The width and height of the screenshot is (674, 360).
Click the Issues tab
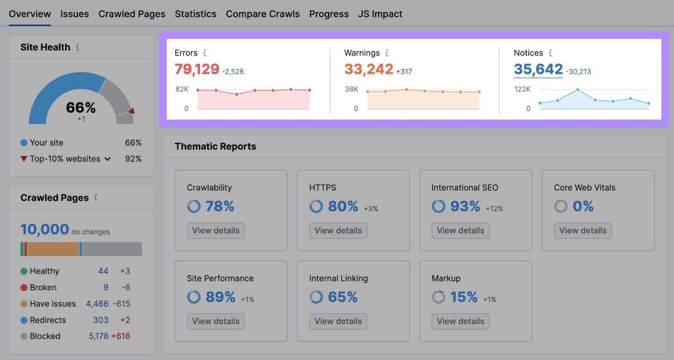75,14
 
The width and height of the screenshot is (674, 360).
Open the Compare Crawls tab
262,14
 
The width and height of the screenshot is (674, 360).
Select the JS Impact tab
380,14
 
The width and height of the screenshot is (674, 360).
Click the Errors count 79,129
197,69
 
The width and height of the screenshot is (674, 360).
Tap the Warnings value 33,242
369,69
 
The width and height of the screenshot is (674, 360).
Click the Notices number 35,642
538,69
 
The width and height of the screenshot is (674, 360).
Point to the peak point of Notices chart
578,90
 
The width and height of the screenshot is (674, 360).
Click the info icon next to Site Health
78,47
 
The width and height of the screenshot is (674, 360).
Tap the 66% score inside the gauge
81,107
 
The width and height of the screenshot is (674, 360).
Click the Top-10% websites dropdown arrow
107,159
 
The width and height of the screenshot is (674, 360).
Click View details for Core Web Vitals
583,231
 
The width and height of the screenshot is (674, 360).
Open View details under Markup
460,321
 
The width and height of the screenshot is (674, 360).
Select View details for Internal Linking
338,321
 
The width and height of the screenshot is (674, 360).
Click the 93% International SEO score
465,206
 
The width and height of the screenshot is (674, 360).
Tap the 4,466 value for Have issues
97,304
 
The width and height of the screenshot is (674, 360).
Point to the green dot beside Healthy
24,271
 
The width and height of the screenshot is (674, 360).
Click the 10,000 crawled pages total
45,229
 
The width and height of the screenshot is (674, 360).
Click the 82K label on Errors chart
182,89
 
